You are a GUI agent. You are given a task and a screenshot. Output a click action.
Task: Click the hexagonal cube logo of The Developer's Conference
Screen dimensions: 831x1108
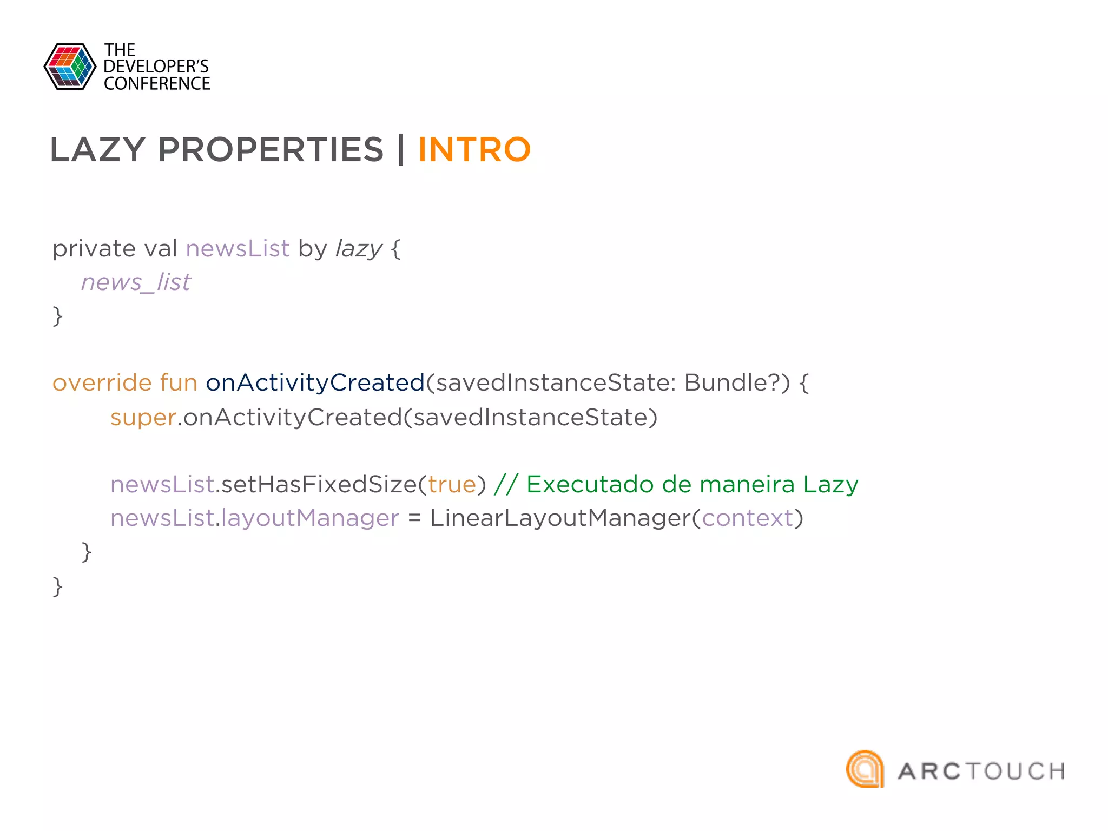(x=70, y=67)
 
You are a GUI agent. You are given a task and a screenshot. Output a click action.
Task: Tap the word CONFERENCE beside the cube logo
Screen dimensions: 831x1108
(x=157, y=84)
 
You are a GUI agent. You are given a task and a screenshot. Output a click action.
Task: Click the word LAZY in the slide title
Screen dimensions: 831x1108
(x=97, y=150)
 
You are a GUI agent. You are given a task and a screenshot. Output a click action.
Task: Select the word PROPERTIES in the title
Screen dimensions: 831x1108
(x=271, y=150)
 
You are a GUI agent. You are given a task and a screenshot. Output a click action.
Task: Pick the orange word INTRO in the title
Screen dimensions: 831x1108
(x=474, y=150)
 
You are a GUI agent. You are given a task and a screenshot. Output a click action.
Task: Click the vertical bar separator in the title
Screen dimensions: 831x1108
(x=401, y=150)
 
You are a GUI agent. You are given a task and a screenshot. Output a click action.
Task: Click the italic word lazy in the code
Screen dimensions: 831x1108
(x=359, y=249)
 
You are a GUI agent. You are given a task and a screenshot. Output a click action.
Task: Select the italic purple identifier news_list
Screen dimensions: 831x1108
(x=136, y=282)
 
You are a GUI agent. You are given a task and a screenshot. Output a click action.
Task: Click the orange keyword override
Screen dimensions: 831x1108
(x=102, y=383)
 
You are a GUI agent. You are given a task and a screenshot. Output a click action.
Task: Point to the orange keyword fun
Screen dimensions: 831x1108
(x=179, y=383)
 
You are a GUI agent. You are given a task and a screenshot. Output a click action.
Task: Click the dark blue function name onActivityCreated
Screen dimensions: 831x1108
(x=315, y=383)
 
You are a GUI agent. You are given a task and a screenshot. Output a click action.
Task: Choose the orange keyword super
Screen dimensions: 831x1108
(x=143, y=418)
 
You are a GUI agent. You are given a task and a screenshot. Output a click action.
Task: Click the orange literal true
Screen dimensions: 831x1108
(x=452, y=485)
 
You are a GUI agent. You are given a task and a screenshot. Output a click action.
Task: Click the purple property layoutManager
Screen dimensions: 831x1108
(x=310, y=518)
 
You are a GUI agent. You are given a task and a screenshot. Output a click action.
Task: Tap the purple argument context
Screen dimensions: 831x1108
(x=747, y=518)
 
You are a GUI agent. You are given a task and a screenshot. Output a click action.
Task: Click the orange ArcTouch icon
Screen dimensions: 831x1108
(x=865, y=769)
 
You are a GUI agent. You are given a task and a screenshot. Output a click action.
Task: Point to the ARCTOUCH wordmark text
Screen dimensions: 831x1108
(x=981, y=771)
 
